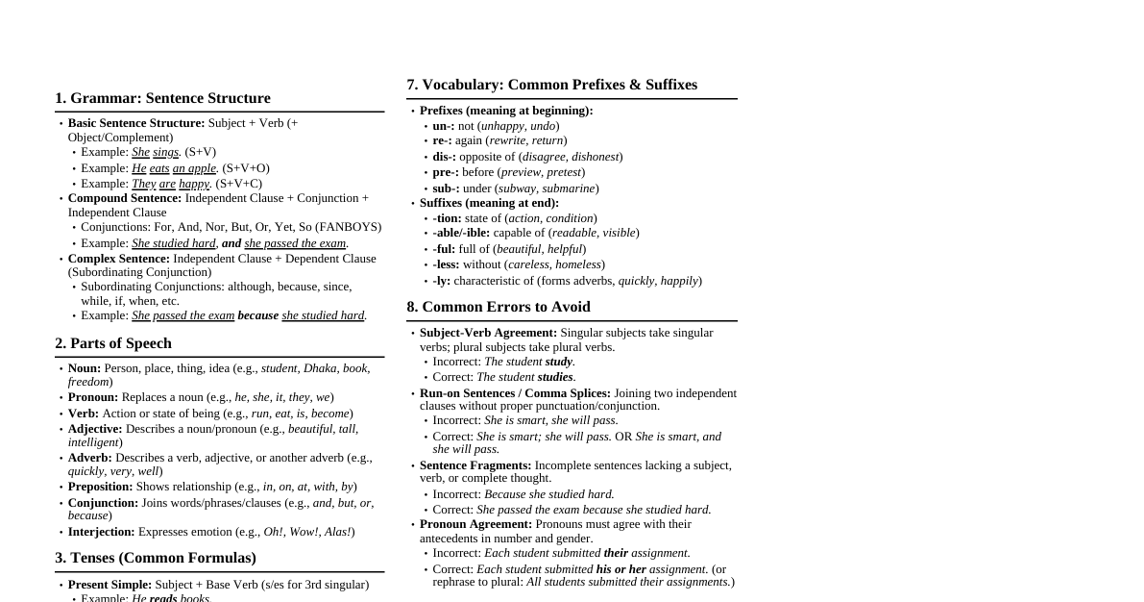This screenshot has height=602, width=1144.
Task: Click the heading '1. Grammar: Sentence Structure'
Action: pyautogui.click(x=162, y=98)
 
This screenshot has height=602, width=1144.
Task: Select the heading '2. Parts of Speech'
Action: pyautogui.click(x=113, y=343)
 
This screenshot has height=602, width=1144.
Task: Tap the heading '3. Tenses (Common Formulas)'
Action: pyautogui.click(x=156, y=558)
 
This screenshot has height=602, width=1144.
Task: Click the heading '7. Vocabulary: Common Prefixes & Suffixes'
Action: pyautogui.click(x=551, y=85)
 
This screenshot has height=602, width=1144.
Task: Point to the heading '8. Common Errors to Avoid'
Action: pyautogui.click(x=498, y=307)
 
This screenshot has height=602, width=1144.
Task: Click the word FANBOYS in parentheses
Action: pyautogui.click(x=353, y=227)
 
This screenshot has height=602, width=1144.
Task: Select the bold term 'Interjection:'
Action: pyautogui.click(x=101, y=532)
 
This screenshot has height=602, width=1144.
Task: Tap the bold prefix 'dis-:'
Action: pyautogui.click(x=444, y=157)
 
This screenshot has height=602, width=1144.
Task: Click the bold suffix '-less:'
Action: pyautogui.click(x=446, y=264)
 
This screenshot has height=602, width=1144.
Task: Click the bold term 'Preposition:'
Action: pyautogui.click(x=100, y=487)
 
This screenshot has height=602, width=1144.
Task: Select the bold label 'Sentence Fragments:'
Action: pyautogui.click(x=475, y=465)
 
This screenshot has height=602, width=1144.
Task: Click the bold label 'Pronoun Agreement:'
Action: pyautogui.click(x=475, y=524)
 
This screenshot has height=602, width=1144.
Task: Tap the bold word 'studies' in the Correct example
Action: pyautogui.click(x=555, y=377)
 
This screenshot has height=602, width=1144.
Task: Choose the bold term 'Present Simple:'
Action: pyautogui.click(x=110, y=585)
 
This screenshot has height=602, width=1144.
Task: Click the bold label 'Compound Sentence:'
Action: pyautogui.click(x=124, y=198)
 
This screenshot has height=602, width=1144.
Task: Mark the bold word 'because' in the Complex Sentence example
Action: pyautogui.click(x=257, y=315)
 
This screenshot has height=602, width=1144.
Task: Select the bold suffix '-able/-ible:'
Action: pyautogui.click(x=461, y=233)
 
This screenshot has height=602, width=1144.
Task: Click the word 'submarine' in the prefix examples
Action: pyautogui.click(x=569, y=188)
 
